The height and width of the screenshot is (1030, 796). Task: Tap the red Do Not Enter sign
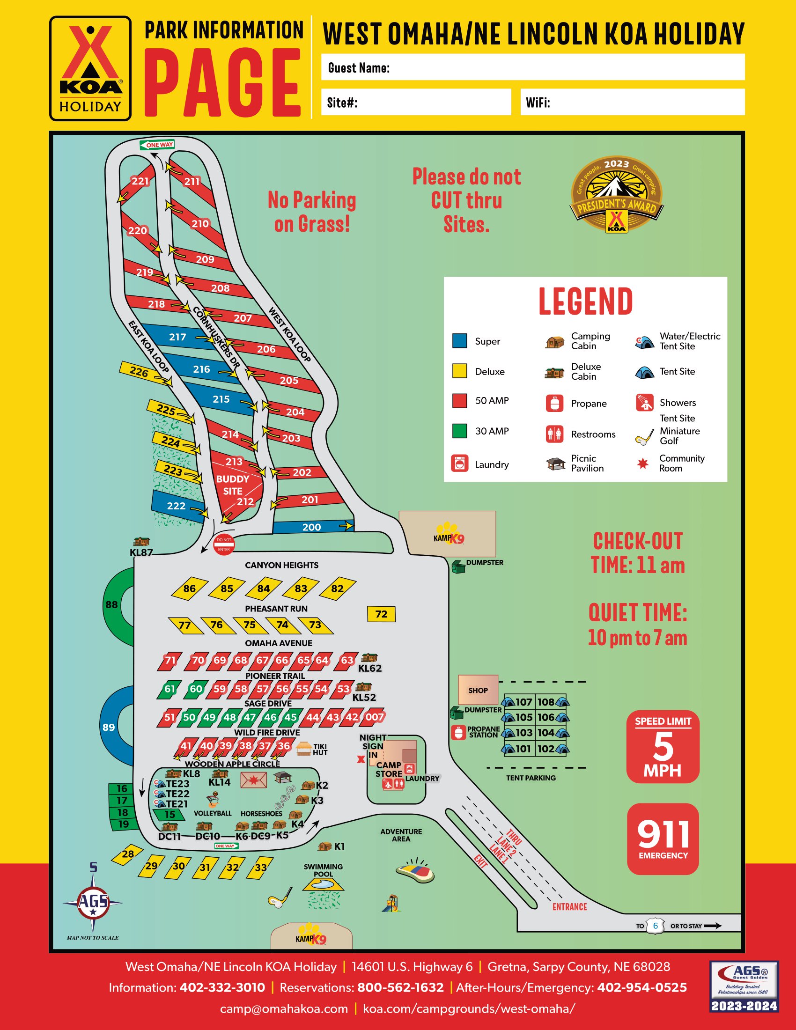(x=224, y=544)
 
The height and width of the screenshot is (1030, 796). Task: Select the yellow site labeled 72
(x=381, y=614)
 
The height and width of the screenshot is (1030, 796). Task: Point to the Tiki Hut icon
(x=304, y=749)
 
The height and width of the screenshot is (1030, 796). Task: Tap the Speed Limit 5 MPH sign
(x=663, y=747)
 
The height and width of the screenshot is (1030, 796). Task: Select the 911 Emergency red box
(x=663, y=839)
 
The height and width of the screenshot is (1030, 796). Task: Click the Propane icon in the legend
(x=554, y=403)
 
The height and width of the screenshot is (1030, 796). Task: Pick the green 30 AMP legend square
(x=459, y=431)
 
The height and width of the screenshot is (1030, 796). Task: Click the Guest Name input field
(x=533, y=67)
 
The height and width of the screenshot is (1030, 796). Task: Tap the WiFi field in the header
(x=632, y=103)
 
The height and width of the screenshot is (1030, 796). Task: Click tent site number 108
(x=546, y=702)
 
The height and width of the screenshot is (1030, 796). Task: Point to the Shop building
(x=478, y=690)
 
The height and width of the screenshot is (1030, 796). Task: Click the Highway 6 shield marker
(x=655, y=926)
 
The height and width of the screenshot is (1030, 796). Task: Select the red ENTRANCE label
(x=569, y=906)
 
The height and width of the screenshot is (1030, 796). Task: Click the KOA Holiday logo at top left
(x=90, y=68)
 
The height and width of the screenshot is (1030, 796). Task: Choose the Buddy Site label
(x=233, y=485)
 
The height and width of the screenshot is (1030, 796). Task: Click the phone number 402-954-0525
(x=642, y=987)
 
